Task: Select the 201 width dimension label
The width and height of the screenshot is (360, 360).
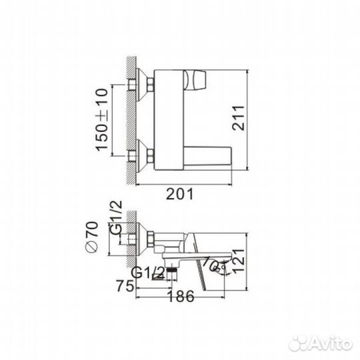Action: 179,193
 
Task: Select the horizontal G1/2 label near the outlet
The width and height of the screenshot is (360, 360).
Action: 148,272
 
